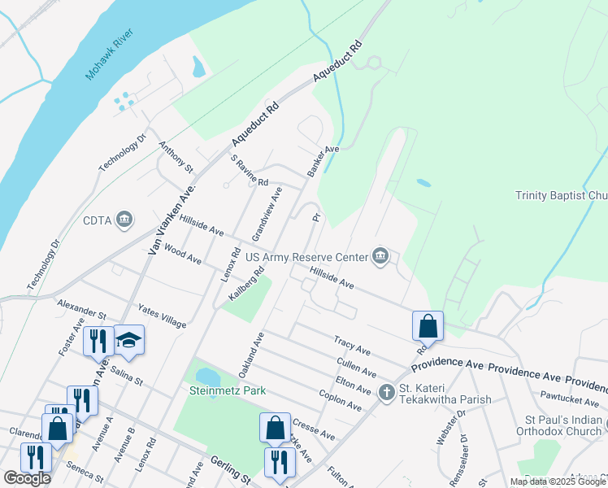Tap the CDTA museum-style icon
125,219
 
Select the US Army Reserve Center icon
380,256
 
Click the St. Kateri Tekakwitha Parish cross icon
386,392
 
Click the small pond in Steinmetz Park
207,377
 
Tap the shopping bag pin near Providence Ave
428,326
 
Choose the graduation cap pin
128,339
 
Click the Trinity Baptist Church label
561,195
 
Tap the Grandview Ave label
267,212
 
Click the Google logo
27,478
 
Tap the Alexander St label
82,309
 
